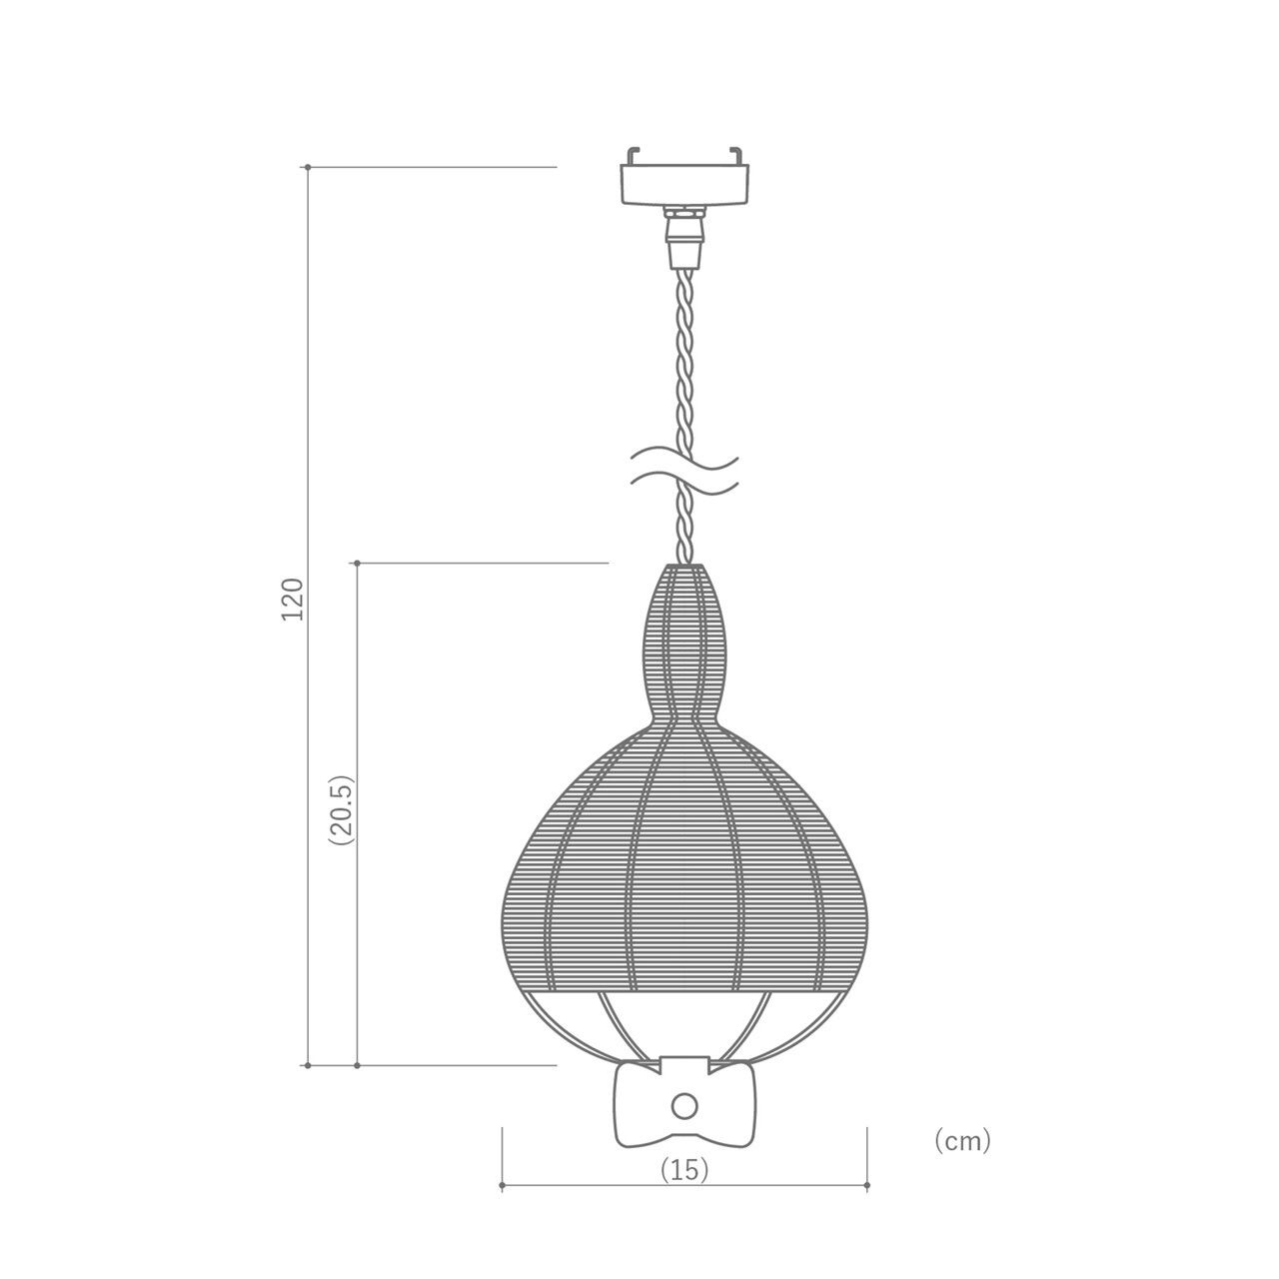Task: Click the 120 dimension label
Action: (x=293, y=599)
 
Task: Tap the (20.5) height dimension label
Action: (x=343, y=809)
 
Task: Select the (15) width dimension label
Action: (x=684, y=1169)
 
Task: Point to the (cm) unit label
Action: (x=962, y=1140)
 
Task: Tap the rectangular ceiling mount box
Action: (x=685, y=185)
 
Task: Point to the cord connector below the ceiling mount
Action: (x=685, y=238)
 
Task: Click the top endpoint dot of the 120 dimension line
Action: (x=308, y=167)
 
